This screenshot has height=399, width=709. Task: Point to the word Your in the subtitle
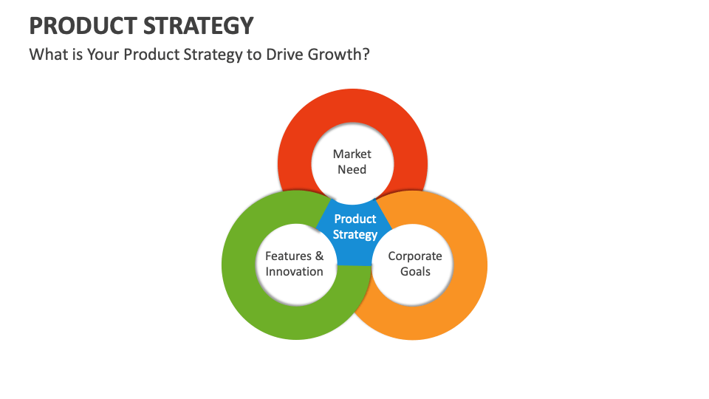click(x=103, y=55)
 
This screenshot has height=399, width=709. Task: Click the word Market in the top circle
click(x=352, y=154)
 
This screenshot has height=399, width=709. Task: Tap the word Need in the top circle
click(x=352, y=169)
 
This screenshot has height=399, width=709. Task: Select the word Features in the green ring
click(x=288, y=256)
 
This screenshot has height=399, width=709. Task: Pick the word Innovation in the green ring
click(x=295, y=271)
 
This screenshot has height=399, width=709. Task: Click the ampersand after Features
click(x=319, y=256)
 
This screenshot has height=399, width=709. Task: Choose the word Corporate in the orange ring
click(x=415, y=256)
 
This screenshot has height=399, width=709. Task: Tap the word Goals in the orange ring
click(x=415, y=271)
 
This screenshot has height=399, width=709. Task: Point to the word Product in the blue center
click(x=355, y=219)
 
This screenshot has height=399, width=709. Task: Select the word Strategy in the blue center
click(x=355, y=234)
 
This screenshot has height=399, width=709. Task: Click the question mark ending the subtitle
click(x=366, y=55)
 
